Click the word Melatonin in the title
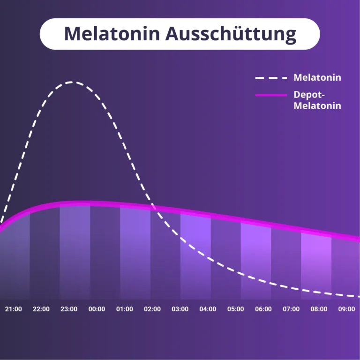[x=112, y=34]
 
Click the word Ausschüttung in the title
[x=231, y=34]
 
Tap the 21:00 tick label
[x=14, y=309]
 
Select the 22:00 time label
[x=41, y=309]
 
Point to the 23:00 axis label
[x=69, y=309]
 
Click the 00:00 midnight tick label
[x=97, y=309]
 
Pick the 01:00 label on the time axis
[x=124, y=309]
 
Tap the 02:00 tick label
[x=152, y=309]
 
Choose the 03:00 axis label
[x=180, y=309]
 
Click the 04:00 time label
[x=208, y=309]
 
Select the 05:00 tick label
[x=236, y=309]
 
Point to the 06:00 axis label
[x=263, y=309]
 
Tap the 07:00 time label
[x=291, y=309]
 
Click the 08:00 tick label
[x=319, y=309]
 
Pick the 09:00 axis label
[x=347, y=309]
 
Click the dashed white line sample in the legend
[x=271, y=78]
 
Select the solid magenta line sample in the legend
[x=271, y=95]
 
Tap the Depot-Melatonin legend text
[x=317, y=100]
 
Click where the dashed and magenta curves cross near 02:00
[x=153, y=207]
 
